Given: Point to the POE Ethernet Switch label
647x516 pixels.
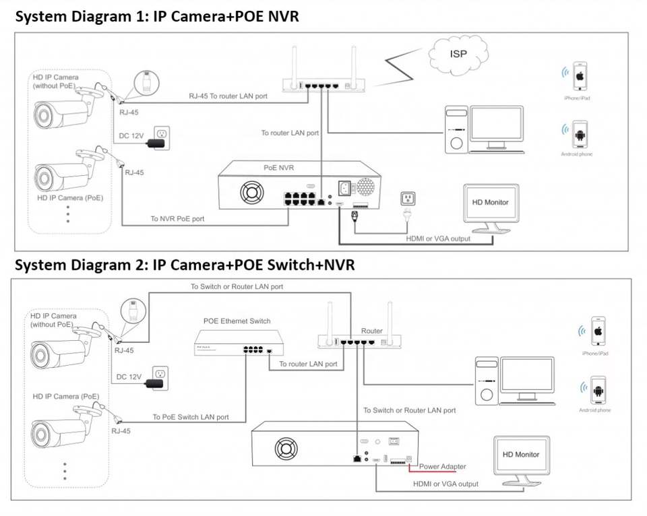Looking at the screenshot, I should click(237, 321).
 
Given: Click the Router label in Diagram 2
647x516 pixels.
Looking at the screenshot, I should click(372, 331).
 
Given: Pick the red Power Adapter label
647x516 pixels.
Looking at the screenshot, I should click(443, 466).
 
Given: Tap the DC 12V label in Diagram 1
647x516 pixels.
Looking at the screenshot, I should click(131, 136).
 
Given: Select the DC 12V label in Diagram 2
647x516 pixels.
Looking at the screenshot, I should click(129, 377).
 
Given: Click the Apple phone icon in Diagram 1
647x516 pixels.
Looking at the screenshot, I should click(578, 77).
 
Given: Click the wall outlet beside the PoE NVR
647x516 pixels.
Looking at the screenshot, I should click(408, 198).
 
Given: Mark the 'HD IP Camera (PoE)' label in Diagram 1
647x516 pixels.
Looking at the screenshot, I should click(70, 199).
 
